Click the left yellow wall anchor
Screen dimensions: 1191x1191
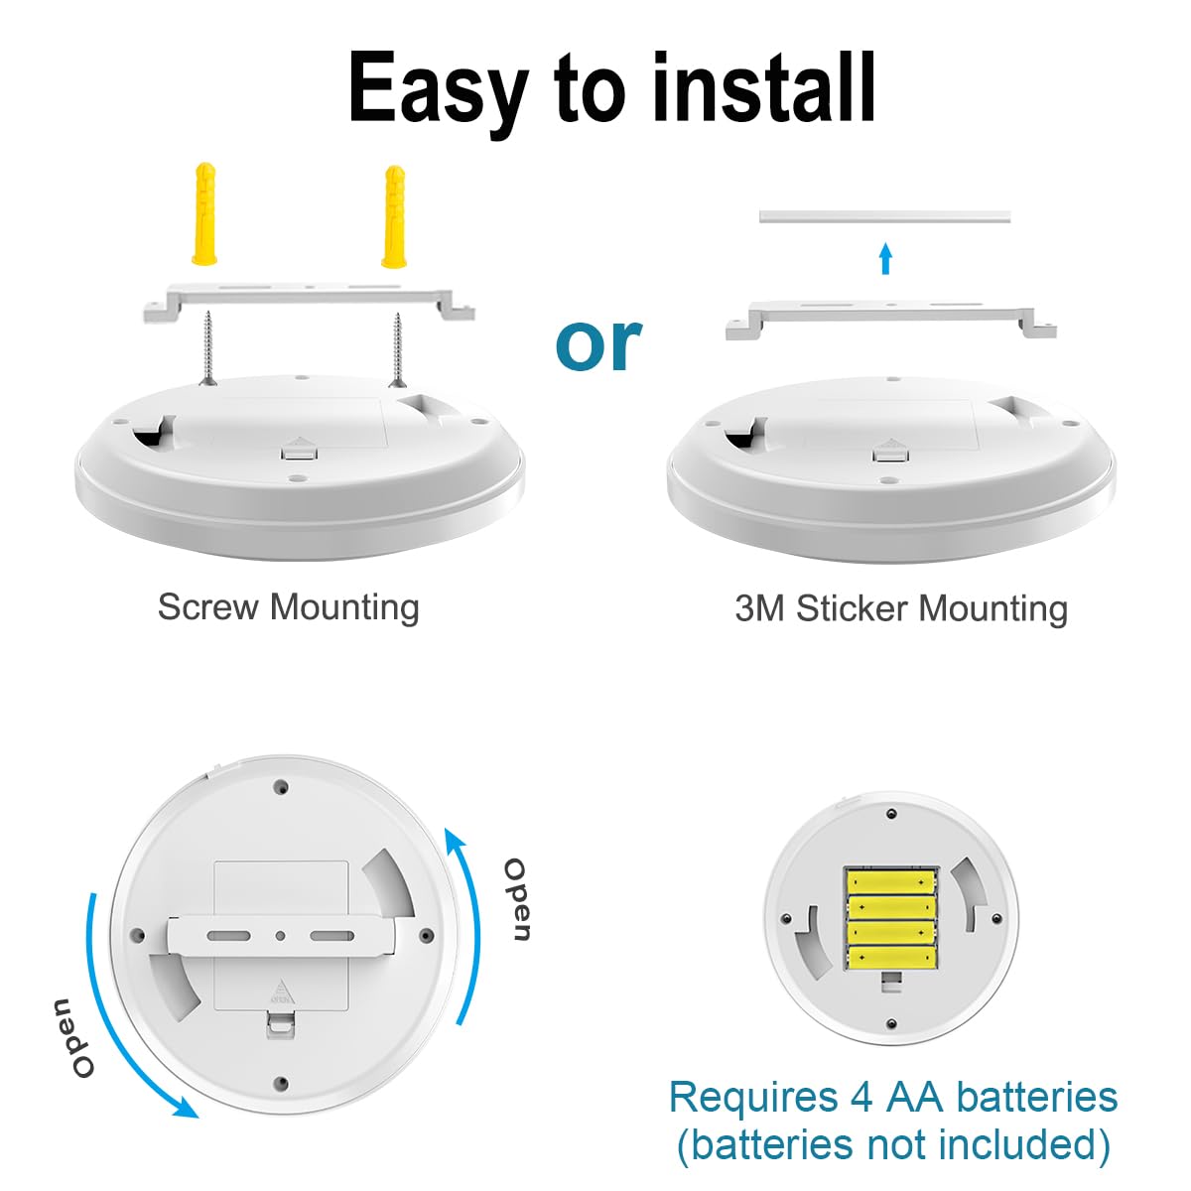pyautogui.click(x=204, y=213)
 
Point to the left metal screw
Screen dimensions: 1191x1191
pyautogui.click(x=209, y=347)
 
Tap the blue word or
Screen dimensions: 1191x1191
pyautogui.click(x=598, y=343)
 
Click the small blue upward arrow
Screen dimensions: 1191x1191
pyautogui.click(x=886, y=259)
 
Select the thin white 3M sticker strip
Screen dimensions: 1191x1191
pyautogui.click(x=884, y=215)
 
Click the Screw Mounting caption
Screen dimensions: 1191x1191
pyautogui.click(x=288, y=606)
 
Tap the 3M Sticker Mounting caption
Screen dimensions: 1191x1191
pyautogui.click(x=901, y=608)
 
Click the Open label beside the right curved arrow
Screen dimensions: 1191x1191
pyautogui.click(x=517, y=899)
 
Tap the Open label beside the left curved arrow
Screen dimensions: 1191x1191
pyautogui.click(x=72, y=1038)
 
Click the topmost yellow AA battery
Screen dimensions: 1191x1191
pyautogui.click(x=891, y=881)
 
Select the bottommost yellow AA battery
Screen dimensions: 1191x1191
pyautogui.click(x=891, y=958)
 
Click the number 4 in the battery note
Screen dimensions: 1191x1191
pyautogui.click(x=861, y=1098)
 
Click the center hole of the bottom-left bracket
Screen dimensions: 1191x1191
pyautogui.click(x=281, y=935)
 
